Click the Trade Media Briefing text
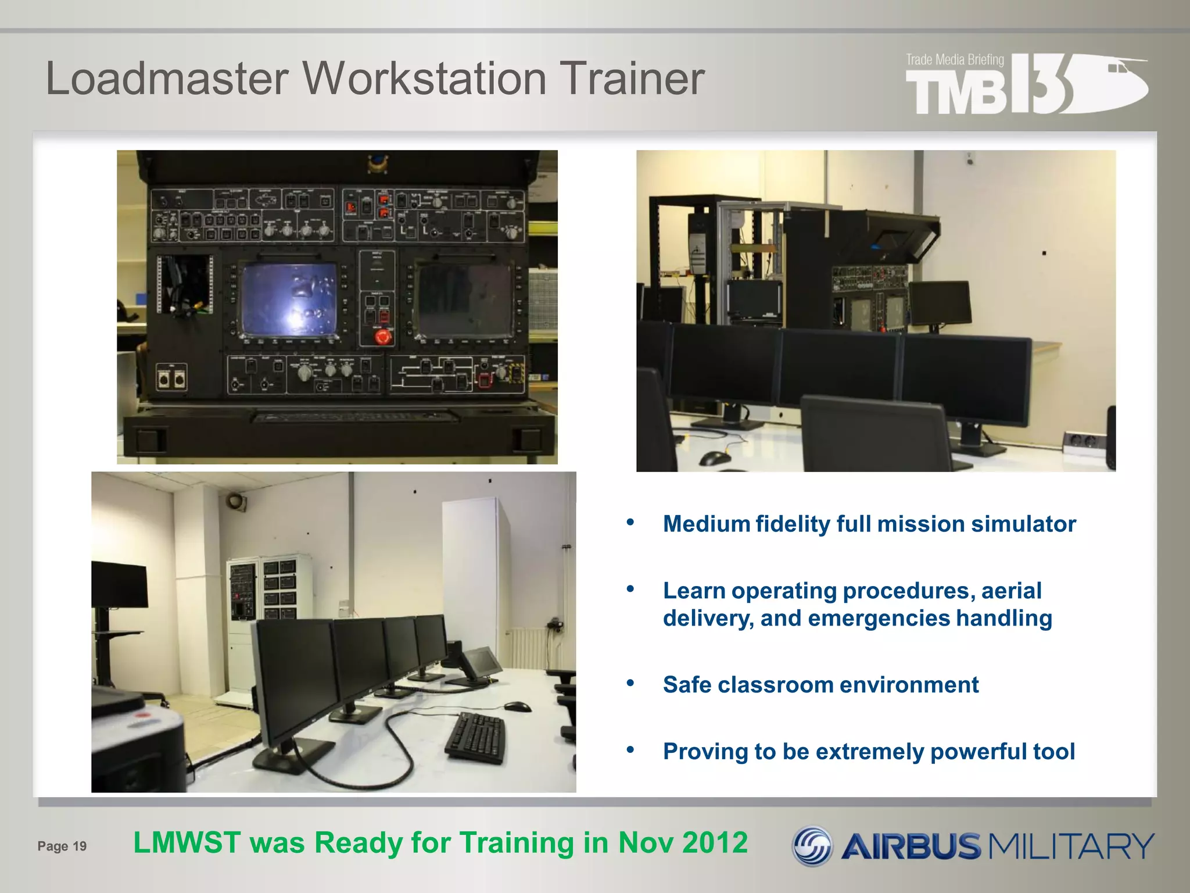click(x=955, y=60)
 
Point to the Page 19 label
click(x=62, y=846)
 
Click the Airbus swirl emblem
click(x=813, y=846)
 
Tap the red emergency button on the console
click(x=382, y=337)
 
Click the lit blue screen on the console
click(x=289, y=299)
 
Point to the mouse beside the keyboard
click(x=517, y=706)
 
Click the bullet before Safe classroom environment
click(x=630, y=683)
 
